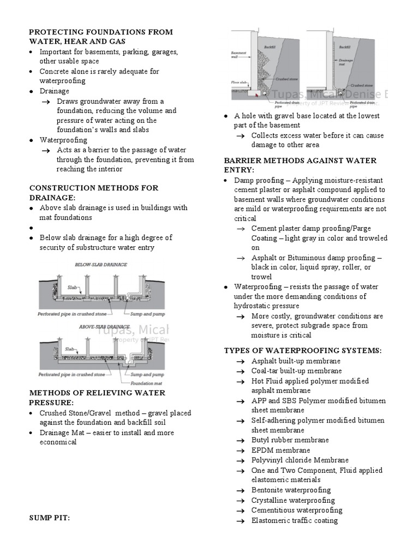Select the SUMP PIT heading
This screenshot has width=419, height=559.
pos(50,517)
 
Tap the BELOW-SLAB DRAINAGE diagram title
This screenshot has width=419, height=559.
pos(101,264)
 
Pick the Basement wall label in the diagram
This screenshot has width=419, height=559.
pos(238,55)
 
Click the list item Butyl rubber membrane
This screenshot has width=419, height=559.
pos(290,440)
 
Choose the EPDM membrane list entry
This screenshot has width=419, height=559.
pos(280,450)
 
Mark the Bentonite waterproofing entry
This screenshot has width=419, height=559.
pos(291,490)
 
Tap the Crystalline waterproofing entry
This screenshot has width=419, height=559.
pos(293,500)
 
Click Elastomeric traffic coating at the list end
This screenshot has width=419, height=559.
pos(294,520)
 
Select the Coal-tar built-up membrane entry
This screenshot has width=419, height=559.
pos(296,371)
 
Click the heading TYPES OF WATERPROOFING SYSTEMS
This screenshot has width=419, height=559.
pos(303,350)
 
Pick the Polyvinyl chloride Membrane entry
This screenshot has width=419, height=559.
pos(300,460)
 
